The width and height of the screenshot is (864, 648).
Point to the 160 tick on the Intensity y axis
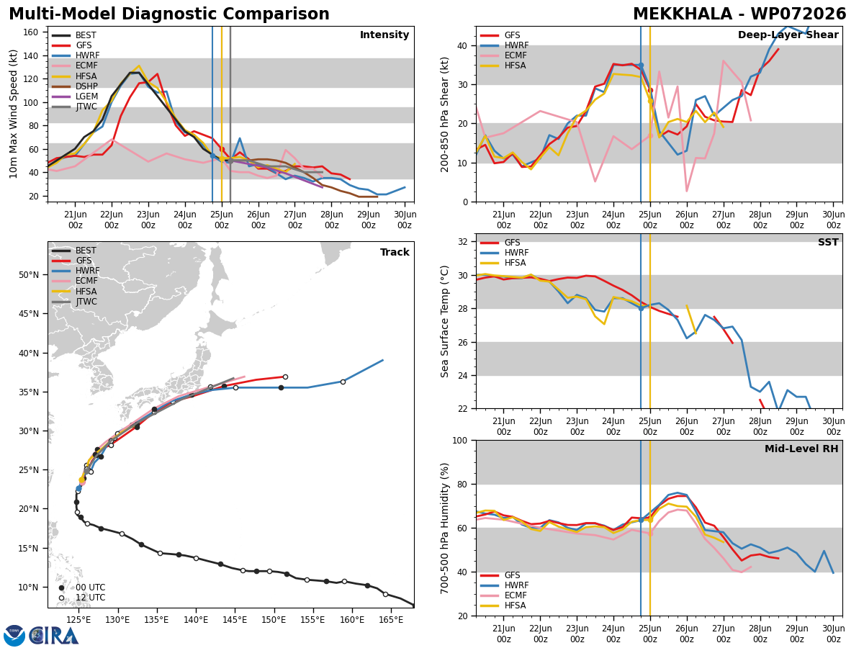coord(30,32)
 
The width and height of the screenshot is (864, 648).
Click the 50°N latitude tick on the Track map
coord(29,275)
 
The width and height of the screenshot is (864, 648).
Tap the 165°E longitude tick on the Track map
coord(391,620)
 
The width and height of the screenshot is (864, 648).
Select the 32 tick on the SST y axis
coord(463,242)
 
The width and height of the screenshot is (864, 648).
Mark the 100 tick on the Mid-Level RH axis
coord(460,441)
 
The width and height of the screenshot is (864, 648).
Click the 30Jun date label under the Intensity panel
coord(405,215)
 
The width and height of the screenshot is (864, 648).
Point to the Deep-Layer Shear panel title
coord(788,35)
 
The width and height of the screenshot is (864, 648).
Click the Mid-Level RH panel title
coord(801,449)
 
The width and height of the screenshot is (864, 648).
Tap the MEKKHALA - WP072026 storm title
coord(739,14)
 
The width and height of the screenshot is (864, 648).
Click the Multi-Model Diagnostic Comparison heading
coord(169,14)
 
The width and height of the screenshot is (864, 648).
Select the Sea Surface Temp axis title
coord(444,321)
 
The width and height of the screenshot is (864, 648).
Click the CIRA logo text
coord(54,636)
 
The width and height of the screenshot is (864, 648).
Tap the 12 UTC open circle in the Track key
coord(61,598)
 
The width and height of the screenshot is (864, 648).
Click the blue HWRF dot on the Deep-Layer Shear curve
coord(641,66)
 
